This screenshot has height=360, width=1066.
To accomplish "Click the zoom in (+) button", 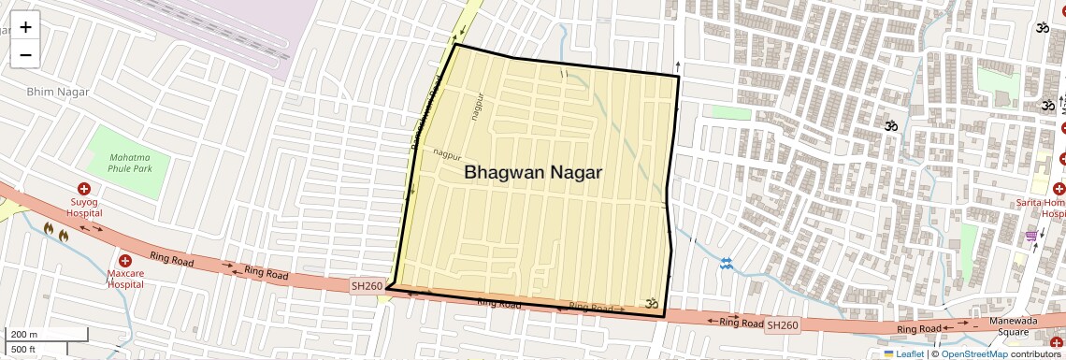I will (25, 27).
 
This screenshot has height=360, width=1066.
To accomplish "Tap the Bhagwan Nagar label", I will (533, 173).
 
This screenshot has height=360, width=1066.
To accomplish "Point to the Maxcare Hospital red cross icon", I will (124, 260).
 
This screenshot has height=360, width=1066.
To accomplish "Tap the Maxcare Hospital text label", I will (124, 278).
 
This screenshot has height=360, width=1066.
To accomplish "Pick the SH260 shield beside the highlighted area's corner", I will (366, 284).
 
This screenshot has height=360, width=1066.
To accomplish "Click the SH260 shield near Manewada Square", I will (783, 325).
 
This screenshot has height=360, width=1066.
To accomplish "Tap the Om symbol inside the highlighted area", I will (652, 303).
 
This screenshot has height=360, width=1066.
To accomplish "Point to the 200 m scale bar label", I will (24, 334).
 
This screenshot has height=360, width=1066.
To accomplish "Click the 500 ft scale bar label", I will (24, 350).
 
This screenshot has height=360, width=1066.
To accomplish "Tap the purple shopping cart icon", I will (1031, 236).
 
